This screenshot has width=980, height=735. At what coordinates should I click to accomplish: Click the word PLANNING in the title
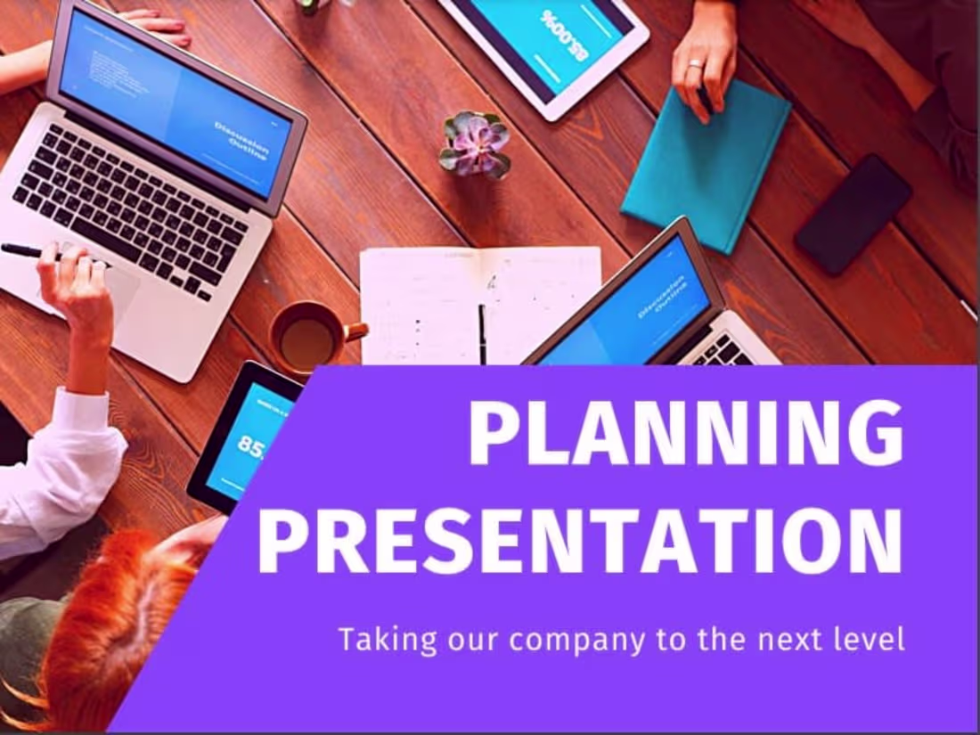685,433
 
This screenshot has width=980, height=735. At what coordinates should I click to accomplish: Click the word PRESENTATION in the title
579,541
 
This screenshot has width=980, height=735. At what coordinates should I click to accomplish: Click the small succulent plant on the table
475,144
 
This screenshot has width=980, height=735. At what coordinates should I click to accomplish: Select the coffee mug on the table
308,337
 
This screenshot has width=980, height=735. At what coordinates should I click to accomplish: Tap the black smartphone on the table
853,213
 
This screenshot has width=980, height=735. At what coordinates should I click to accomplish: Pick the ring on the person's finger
695,64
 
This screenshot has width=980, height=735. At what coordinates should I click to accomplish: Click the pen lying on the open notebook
482,333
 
